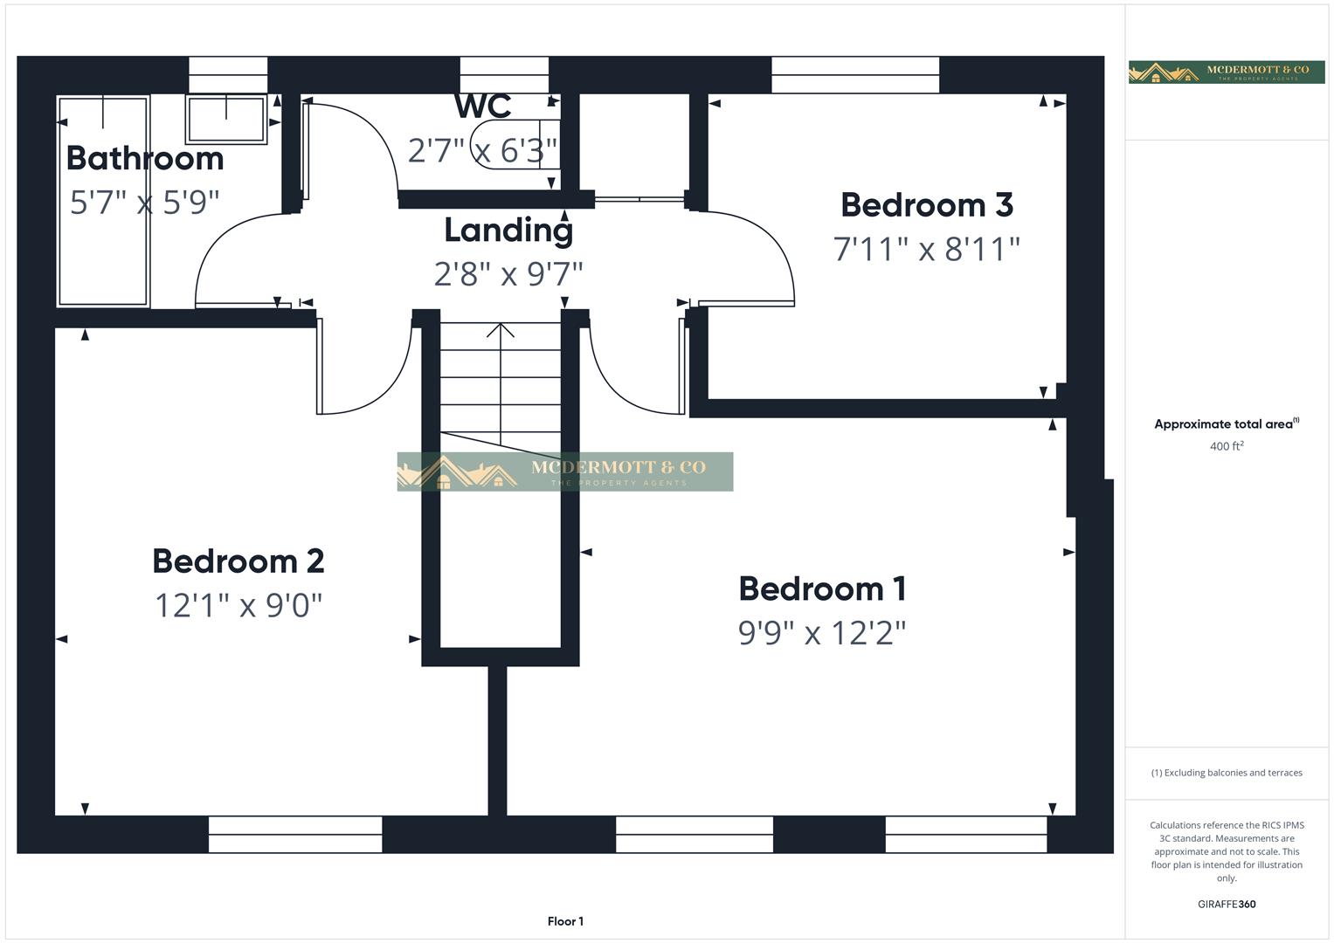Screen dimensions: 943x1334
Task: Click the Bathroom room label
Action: (145, 159)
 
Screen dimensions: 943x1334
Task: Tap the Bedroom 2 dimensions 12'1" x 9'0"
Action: (238, 605)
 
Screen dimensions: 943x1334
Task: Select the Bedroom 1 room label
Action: (822, 589)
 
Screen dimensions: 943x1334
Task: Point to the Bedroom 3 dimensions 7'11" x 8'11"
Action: (927, 250)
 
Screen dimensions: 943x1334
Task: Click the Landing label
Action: (508, 231)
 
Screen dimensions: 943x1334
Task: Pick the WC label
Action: (482, 107)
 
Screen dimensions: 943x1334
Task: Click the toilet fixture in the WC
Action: (511, 144)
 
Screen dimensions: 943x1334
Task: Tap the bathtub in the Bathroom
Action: (103, 201)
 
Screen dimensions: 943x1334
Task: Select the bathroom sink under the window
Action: (226, 120)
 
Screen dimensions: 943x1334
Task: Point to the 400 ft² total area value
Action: (1227, 446)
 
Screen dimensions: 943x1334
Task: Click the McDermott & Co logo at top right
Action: (1227, 72)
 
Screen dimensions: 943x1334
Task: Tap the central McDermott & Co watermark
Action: (565, 471)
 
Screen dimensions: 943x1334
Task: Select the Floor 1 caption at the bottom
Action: (565, 921)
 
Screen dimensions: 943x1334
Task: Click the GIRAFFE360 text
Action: (1227, 904)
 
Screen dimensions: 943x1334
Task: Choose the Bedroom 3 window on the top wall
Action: (855, 75)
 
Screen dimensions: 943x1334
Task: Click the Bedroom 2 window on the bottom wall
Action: (295, 834)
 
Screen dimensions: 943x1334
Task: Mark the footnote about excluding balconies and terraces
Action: (1227, 773)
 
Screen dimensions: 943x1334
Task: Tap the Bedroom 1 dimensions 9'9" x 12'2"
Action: (822, 633)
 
